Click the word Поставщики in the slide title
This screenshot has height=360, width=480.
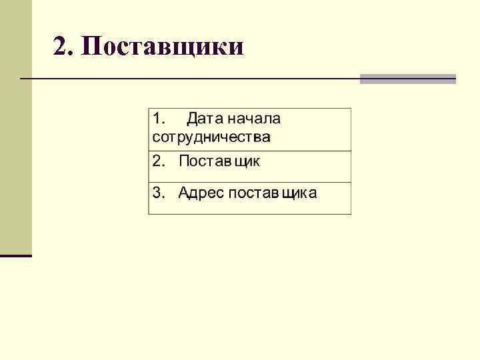pos(165,47)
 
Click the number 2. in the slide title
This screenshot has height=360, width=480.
pos(65,47)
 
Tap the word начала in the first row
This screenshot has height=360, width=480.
pos(254,119)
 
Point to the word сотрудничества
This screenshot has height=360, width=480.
pos(211,138)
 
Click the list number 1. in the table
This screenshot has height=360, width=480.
pos(160,119)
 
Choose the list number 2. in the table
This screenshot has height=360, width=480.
pos(159,161)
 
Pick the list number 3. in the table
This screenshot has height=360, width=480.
pos(159,193)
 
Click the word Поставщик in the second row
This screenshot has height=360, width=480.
pos(219,161)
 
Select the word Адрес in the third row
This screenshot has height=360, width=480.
pos(201,193)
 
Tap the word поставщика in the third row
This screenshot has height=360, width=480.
pos(273,193)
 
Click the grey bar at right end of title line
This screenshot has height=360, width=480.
pos(408,79)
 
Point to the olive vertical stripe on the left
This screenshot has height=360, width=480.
pos(15,127)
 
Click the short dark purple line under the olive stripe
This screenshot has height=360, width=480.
pos(15,255)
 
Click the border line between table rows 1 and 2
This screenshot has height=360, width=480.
pos(249,151)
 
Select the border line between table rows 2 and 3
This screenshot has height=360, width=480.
pos(249,182)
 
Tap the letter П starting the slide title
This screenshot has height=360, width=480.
pos(94,47)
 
